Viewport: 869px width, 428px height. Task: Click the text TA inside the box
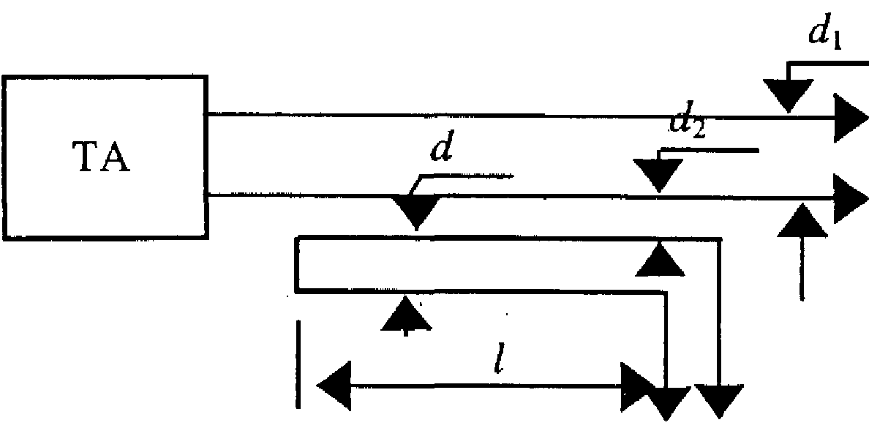pyautogui.click(x=103, y=160)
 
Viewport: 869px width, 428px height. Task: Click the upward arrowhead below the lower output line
pyautogui.click(x=800, y=219)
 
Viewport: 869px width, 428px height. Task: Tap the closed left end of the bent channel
pyautogui.click(x=296, y=263)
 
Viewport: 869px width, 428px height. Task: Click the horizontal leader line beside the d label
pyautogui.click(x=468, y=176)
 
